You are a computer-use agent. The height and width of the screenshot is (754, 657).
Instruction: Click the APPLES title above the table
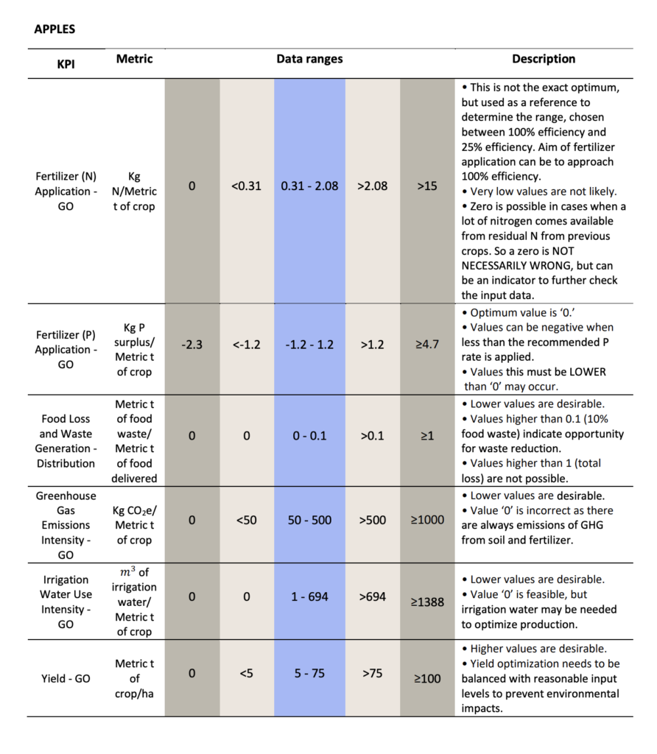[x=55, y=29]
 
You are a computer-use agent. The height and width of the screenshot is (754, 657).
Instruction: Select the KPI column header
[x=66, y=64]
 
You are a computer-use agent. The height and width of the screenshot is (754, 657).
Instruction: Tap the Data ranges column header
[x=309, y=59]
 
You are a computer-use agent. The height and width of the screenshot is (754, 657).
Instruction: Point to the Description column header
[x=544, y=59]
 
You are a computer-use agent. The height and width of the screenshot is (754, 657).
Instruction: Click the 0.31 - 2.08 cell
[x=309, y=186]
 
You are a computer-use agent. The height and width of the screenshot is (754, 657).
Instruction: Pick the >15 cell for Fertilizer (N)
[x=427, y=186]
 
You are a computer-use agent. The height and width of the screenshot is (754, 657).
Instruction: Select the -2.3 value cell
[x=192, y=345]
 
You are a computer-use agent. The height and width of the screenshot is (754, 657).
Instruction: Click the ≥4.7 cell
[x=427, y=345]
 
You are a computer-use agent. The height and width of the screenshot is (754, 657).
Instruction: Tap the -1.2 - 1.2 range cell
[x=309, y=345]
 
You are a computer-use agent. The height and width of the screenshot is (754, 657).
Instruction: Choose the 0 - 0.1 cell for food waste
[x=309, y=436]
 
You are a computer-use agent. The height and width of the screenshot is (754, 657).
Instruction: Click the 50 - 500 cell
[x=309, y=521]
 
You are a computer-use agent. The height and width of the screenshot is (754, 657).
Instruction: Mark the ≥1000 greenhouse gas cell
[x=427, y=521]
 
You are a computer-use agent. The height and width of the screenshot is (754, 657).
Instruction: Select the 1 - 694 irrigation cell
[x=309, y=596]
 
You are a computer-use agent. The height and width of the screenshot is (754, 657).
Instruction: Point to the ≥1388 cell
[x=427, y=602]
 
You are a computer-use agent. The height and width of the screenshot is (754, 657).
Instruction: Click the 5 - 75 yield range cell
[x=309, y=673]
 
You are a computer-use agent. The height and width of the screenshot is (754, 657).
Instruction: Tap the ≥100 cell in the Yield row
[x=427, y=678]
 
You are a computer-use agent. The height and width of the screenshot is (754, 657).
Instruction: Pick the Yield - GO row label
[x=66, y=678]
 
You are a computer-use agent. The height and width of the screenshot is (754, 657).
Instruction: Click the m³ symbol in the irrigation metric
[x=127, y=571]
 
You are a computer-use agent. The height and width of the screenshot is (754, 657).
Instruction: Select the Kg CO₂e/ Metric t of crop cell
[x=134, y=525]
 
